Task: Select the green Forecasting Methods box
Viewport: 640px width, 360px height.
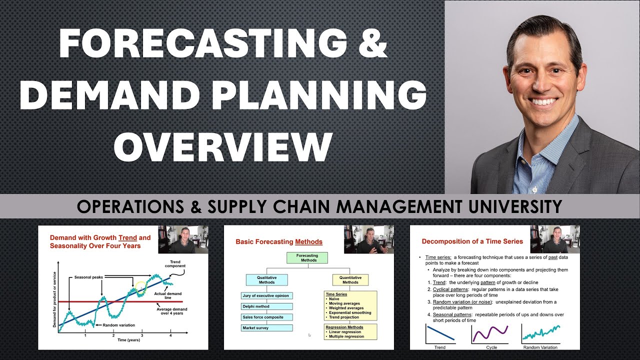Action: coord(307,257)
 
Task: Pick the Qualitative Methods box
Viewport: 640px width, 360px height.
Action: coord(267,279)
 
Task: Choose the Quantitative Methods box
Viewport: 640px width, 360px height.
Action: coord(350,279)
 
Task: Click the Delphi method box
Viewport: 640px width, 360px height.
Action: coord(267,306)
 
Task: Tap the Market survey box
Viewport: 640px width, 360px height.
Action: coord(267,328)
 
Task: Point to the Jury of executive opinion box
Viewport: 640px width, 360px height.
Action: coord(267,295)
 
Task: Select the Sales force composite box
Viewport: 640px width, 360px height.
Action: coord(267,317)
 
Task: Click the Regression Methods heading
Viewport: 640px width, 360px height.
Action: coord(344,327)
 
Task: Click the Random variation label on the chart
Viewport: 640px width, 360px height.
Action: coord(119,325)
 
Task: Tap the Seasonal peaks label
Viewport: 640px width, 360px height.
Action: coord(89,277)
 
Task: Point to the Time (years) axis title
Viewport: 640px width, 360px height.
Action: coord(129,340)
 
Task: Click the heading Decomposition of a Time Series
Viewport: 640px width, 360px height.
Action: coord(472,241)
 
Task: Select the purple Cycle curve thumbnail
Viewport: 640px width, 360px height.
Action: coord(489,333)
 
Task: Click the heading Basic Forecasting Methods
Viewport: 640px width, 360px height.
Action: coord(279,242)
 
